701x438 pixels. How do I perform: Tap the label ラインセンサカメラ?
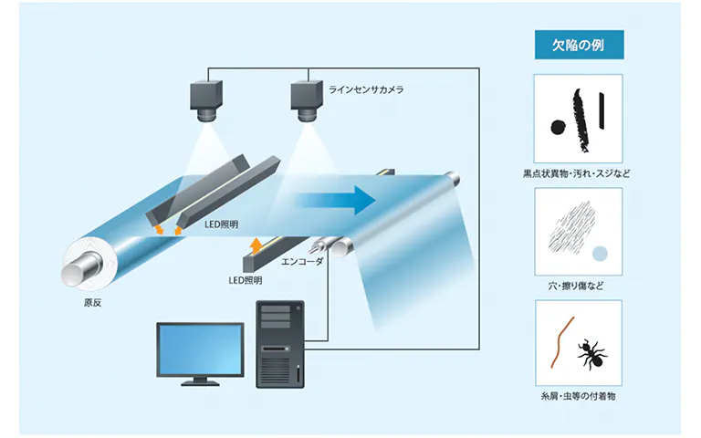tap(366, 89)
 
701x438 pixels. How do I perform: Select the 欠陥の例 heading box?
tap(577, 45)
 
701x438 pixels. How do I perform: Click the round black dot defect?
tap(554, 128)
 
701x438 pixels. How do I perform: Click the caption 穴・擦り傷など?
tap(577, 287)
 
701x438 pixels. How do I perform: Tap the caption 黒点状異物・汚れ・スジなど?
tap(577, 172)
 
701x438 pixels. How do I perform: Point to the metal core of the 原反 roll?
tap(78, 266)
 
